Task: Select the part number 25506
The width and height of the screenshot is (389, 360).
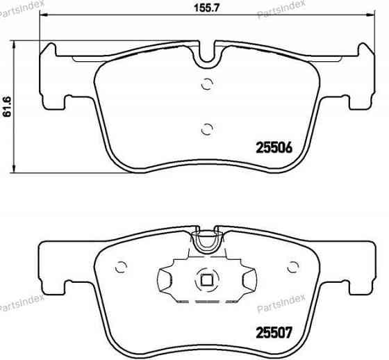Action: click(x=273, y=148)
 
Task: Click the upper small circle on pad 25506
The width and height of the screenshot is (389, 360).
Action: click(x=206, y=85)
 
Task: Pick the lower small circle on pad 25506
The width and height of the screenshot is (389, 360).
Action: click(x=206, y=128)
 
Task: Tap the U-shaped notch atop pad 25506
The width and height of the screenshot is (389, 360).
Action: click(x=206, y=58)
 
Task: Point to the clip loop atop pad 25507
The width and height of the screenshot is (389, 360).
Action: click(x=206, y=241)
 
